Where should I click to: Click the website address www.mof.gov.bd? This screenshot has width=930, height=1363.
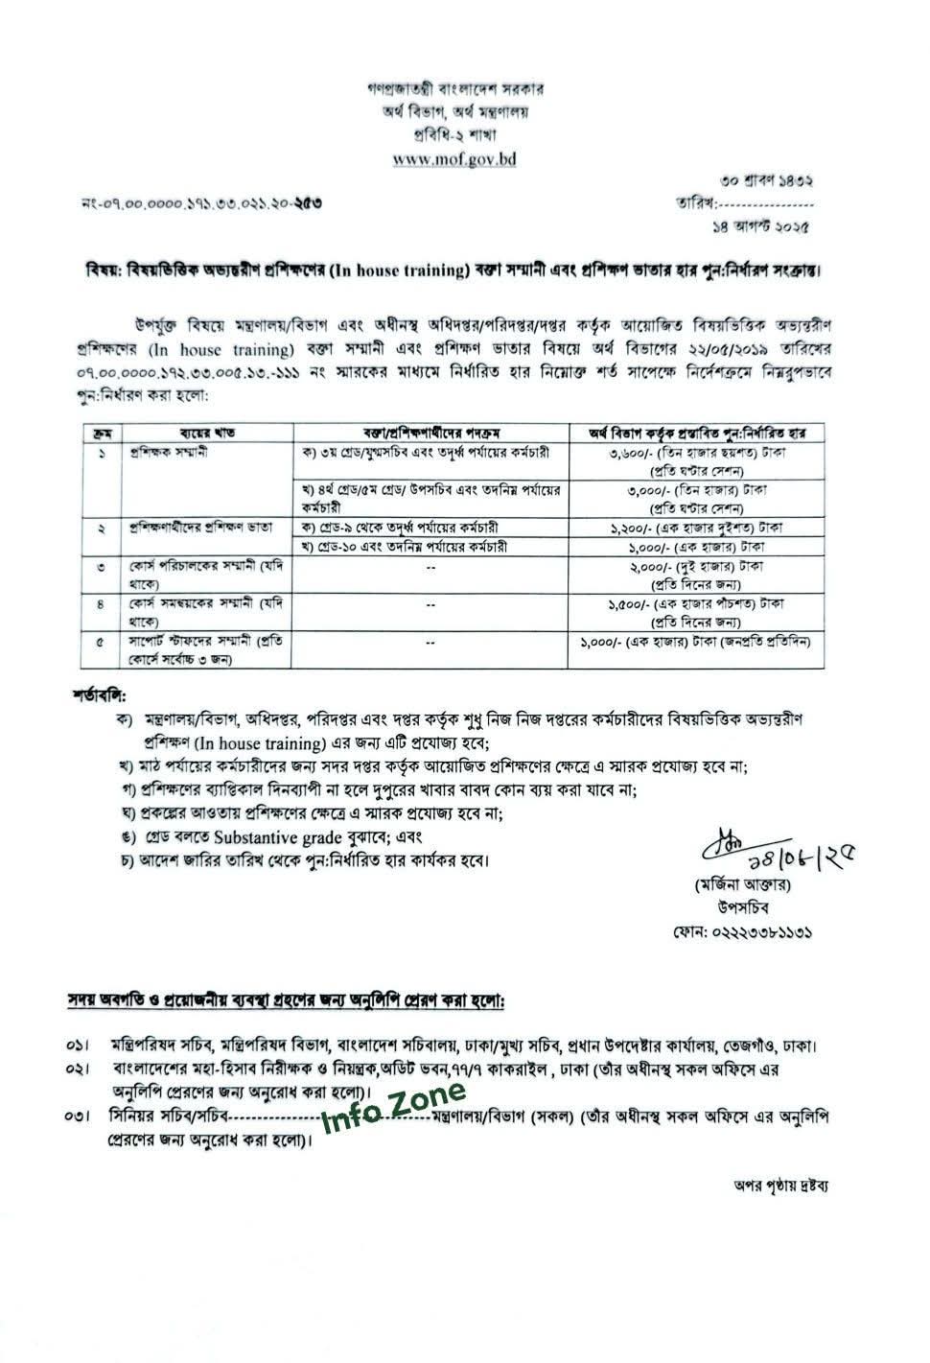click(x=454, y=159)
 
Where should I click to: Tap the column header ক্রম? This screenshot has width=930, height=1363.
click(x=102, y=434)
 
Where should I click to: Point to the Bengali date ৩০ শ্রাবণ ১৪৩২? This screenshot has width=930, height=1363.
click(x=770, y=180)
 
